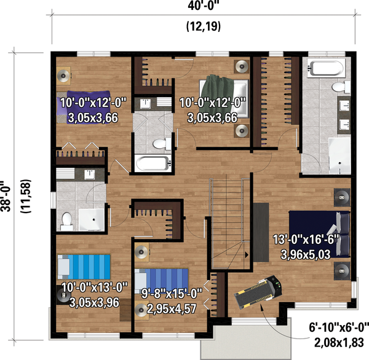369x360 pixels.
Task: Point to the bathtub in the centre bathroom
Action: pyautogui.click(x=151, y=163)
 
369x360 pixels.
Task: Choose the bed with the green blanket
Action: pyautogui.click(x=223, y=97)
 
